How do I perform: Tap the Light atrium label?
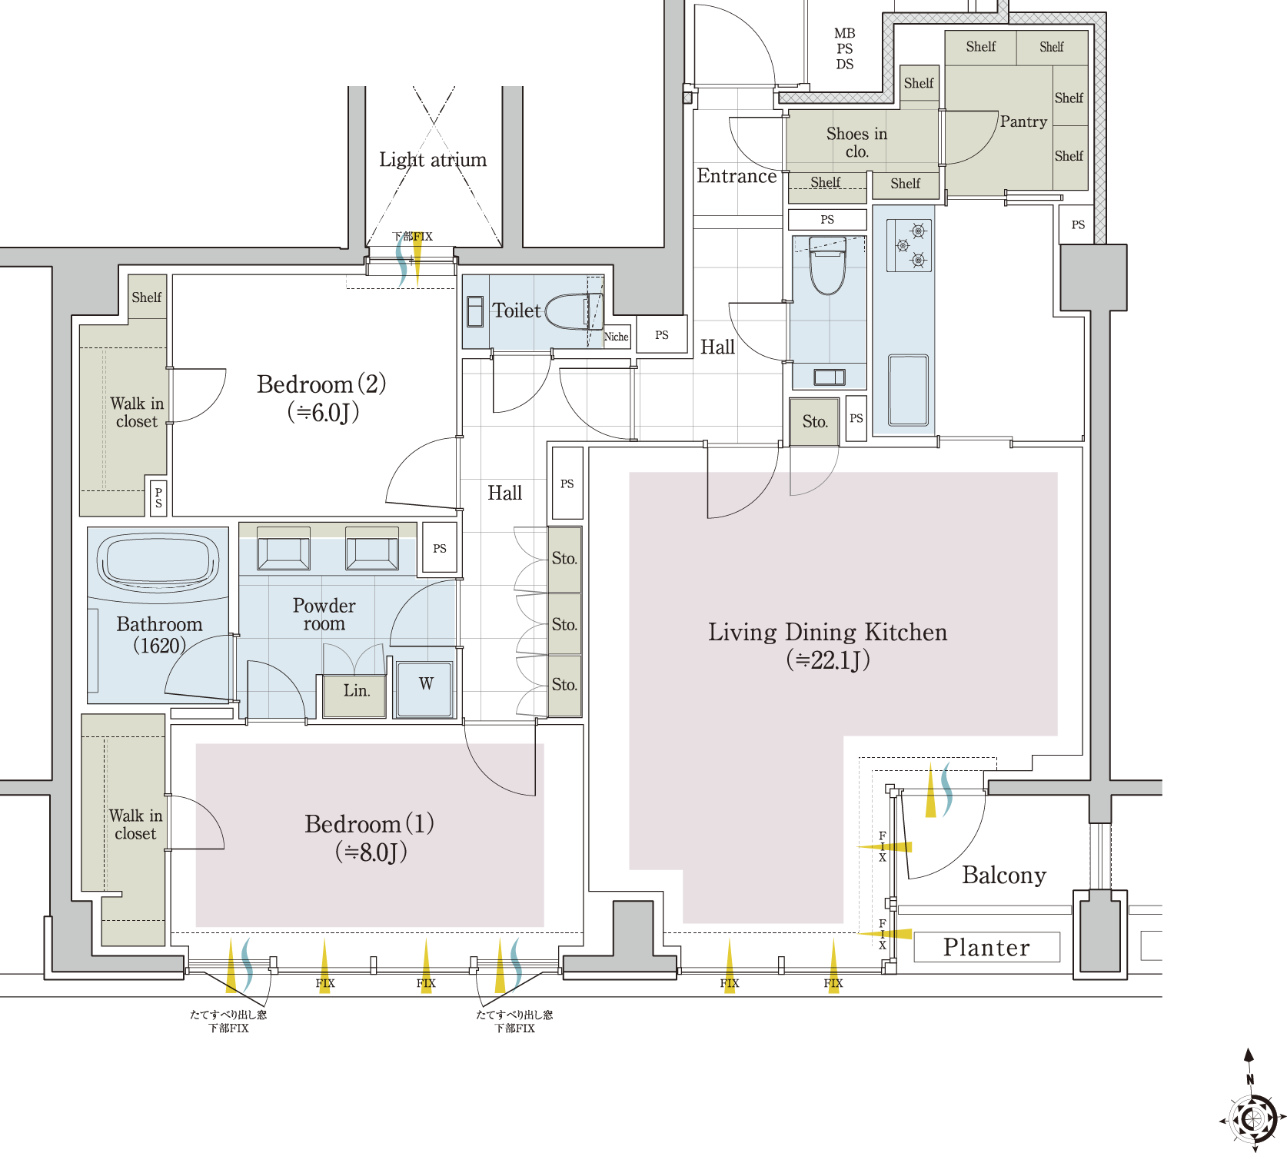point(433,160)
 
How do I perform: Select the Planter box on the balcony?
point(986,947)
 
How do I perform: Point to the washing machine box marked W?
point(424,689)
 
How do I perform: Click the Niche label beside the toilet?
point(616,337)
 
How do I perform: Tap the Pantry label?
point(1023,121)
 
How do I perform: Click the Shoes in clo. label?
point(856,142)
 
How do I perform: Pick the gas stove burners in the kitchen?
point(910,245)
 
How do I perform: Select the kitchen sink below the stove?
point(908,390)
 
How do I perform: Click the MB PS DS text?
point(844,48)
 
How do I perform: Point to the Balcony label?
point(1004,876)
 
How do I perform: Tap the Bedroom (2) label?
point(322,397)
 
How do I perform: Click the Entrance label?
point(737,176)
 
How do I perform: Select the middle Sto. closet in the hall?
point(564,623)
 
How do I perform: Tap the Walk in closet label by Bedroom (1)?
point(135,824)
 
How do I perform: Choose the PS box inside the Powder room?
point(440,548)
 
